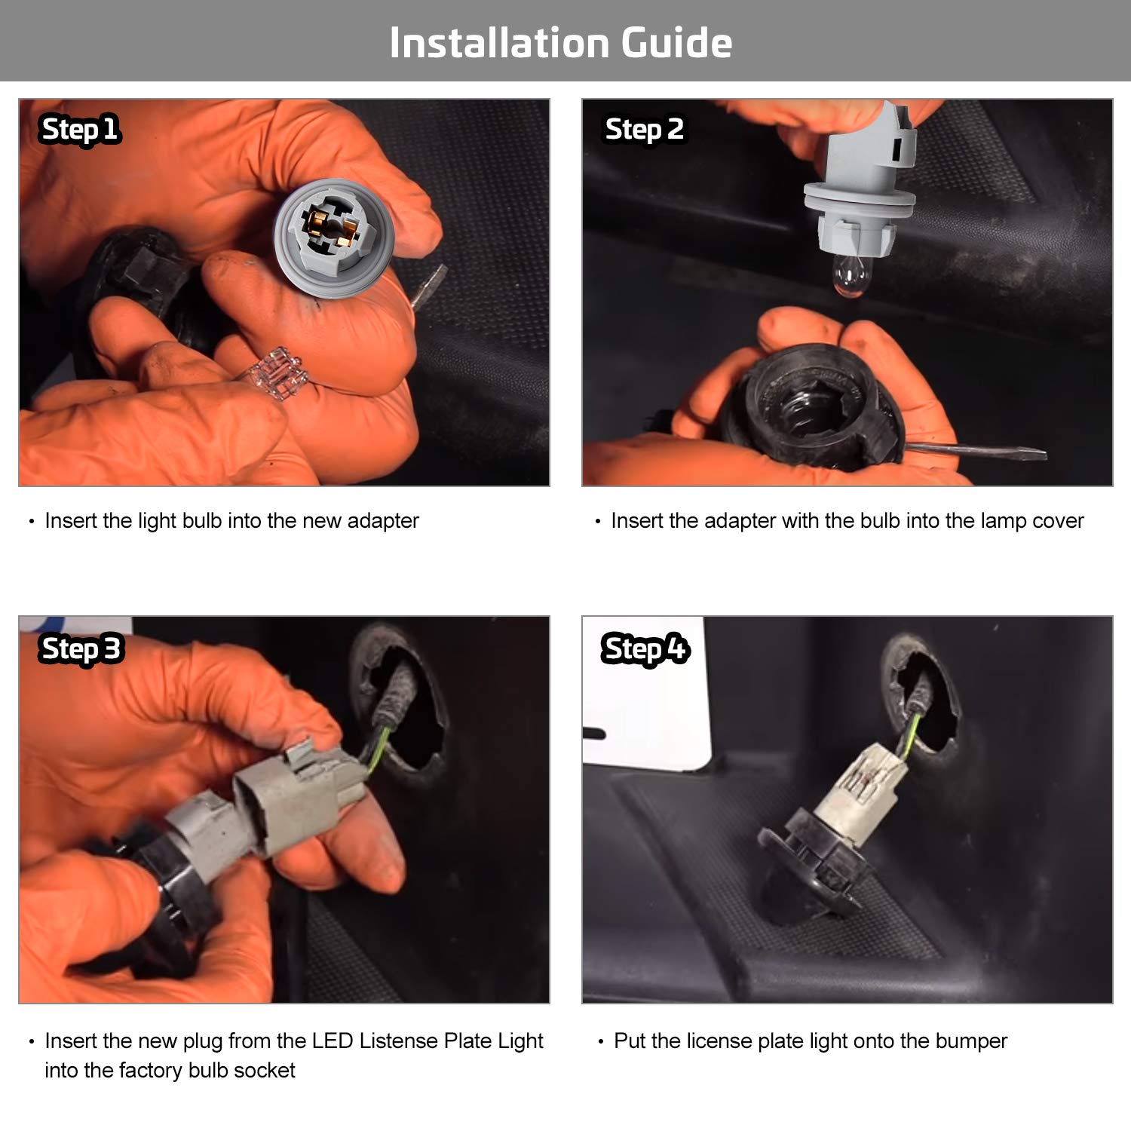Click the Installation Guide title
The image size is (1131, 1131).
[561, 42]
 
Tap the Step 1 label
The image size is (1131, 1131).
[80, 130]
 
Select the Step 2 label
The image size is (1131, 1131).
[645, 130]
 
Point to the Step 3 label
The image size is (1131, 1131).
[81, 649]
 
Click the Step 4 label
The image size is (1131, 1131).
[645, 649]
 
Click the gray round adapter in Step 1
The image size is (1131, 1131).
[334, 238]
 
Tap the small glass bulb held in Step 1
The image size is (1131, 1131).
[276, 372]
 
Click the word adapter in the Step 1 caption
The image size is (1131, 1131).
[383, 521]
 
